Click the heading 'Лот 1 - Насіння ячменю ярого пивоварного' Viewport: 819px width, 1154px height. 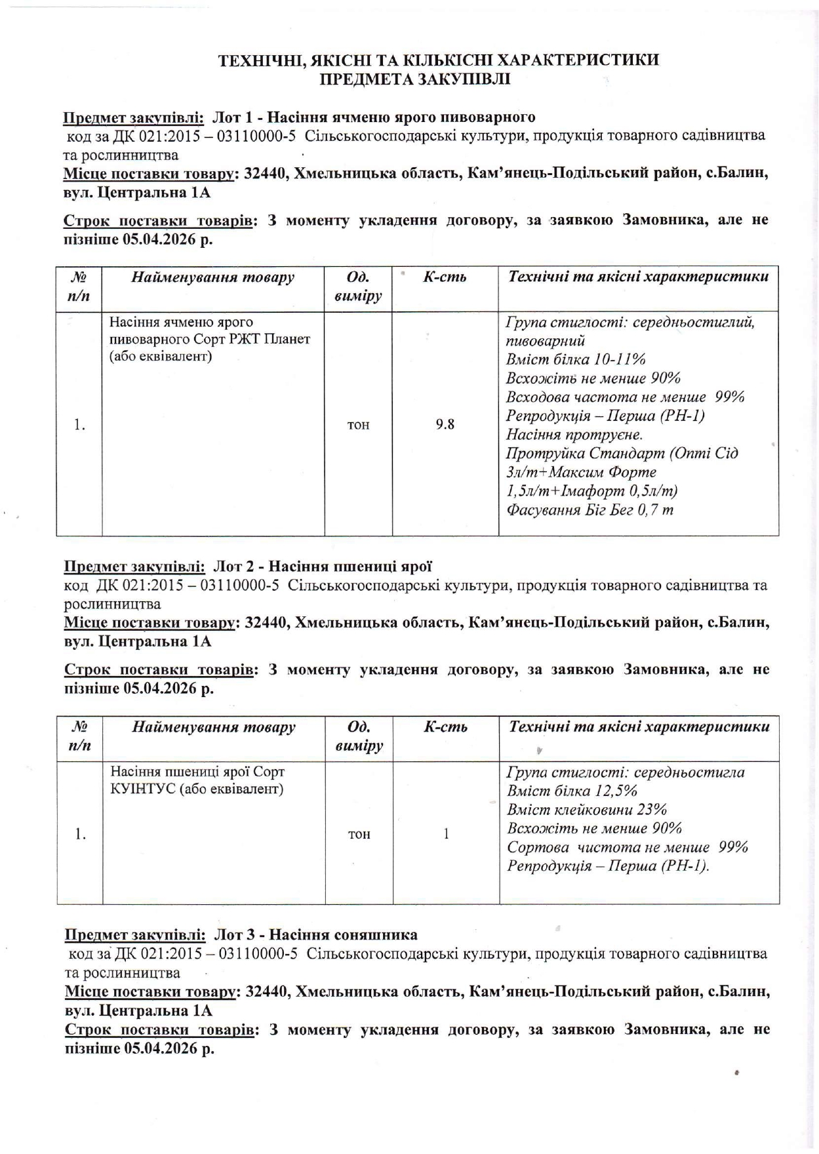tap(374, 117)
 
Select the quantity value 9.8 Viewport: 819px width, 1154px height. tap(445, 424)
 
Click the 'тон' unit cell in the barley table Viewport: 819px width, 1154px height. tap(358, 425)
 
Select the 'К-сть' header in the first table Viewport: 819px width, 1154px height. tap(445, 277)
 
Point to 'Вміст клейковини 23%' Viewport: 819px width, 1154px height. tap(587, 809)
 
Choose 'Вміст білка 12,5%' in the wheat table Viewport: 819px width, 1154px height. tap(572, 791)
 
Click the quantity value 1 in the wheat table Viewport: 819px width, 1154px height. tap(447, 833)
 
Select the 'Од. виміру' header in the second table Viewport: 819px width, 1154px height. tap(359, 736)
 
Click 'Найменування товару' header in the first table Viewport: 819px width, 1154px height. tap(213, 277)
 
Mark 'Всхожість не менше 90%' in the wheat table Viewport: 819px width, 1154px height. tap(594, 828)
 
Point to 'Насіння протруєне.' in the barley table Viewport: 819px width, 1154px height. tap(574, 435)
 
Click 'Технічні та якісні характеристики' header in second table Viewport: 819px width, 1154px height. tap(639, 726)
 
